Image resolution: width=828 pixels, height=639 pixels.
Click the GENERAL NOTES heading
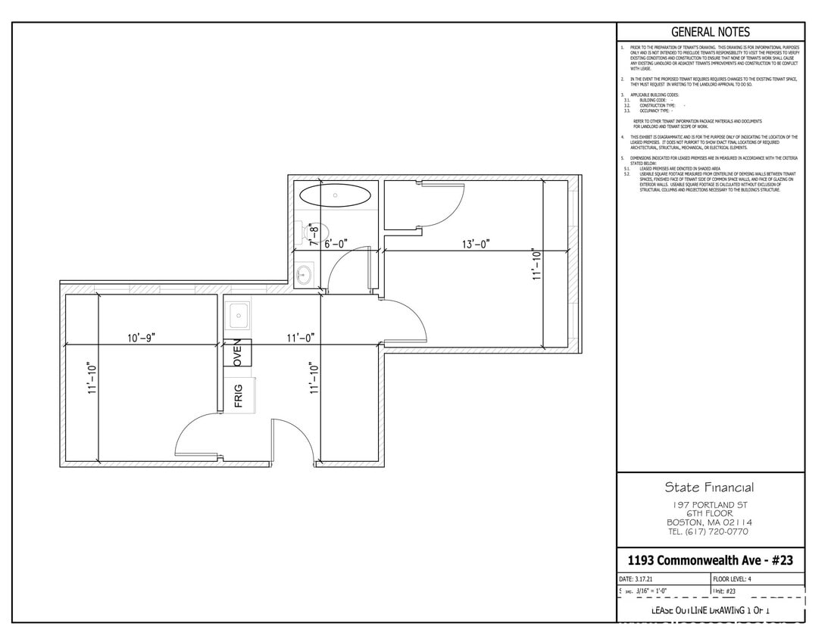click(x=710, y=32)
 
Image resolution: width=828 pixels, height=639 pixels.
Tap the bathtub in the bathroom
click(x=336, y=195)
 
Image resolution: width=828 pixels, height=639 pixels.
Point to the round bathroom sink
click(x=305, y=273)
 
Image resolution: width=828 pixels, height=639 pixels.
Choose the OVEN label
click(x=237, y=353)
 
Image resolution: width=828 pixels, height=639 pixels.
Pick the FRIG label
click(x=238, y=395)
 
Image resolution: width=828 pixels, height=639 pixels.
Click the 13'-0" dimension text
click(x=476, y=244)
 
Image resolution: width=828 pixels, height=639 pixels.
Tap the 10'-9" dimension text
click(x=141, y=338)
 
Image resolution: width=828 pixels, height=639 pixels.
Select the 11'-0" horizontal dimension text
click(x=300, y=338)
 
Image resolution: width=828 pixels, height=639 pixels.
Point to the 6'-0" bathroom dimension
click(x=336, y=244)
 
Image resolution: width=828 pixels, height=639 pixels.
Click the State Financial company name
click(x=709, y=488)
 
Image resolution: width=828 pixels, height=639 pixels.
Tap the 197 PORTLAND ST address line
click(x=710, y=505)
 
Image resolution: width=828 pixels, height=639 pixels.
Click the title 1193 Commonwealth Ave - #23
click(x=710, y=560)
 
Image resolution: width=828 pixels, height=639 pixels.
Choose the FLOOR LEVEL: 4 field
click(x=733, y=579)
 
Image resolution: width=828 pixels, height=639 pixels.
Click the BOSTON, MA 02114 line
click(x=709, y=522)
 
